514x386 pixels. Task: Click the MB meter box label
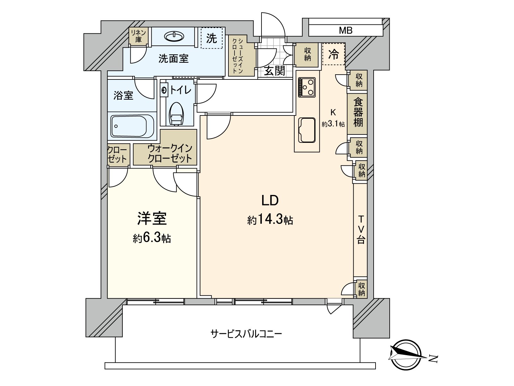tap(346, 31)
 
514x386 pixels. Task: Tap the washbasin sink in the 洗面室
tap(174, 36)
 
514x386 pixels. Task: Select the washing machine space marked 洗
tap(211, 39)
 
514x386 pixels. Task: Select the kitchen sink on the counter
tap(307, 130)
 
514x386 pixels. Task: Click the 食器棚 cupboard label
tap(358, 112)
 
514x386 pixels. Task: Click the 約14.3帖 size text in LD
tap(270, 220)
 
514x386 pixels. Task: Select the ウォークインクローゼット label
tap(170, 153)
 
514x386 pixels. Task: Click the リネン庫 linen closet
tap(138, 36)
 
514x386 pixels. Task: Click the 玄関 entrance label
tap(275, 70)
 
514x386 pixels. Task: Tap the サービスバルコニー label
tap(246, 334)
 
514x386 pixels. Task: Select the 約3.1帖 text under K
tap(333, 124)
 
